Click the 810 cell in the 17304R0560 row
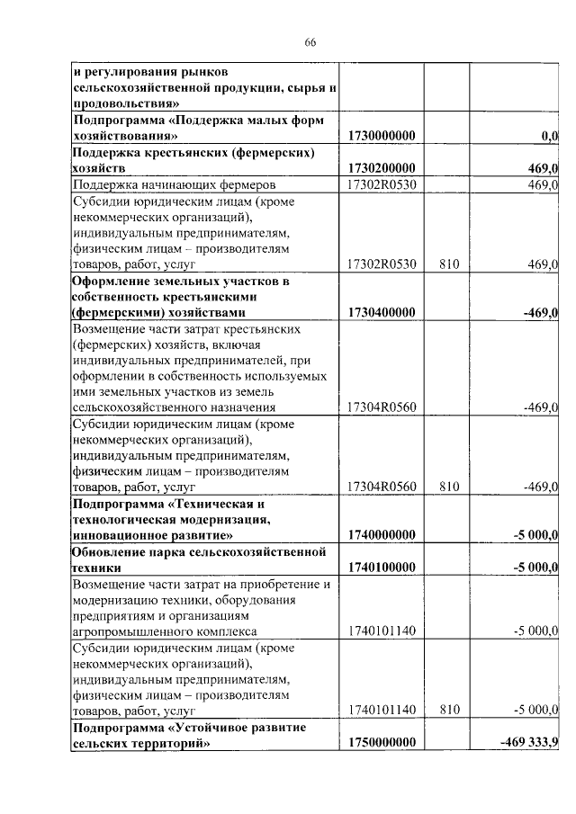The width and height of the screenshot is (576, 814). click(x=450, y=487)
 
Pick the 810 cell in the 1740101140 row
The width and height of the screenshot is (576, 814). click(x=450, y=710)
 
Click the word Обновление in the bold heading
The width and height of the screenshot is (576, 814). click(x=112, y=551)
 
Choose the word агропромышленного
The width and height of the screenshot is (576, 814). click(x=135, y=631)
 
